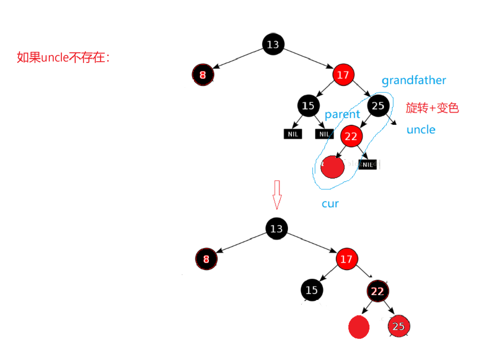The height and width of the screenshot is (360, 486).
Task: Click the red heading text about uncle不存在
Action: tap(63, 57)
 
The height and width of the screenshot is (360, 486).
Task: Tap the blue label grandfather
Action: tap(414, 80)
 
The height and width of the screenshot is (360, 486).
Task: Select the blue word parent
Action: tap(342, 114)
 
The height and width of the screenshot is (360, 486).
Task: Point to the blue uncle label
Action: tap(421, 130)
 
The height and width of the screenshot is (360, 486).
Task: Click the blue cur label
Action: tap(330, 204)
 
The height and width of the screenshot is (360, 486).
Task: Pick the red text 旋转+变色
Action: tap(432, 108)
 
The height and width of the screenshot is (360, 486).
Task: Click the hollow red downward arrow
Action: tap(277, 194)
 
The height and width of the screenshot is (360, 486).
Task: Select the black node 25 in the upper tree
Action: tap(378, 106)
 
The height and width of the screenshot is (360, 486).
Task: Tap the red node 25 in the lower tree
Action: tap(398, 326)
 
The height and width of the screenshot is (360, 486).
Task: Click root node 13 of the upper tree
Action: tap(273, 45)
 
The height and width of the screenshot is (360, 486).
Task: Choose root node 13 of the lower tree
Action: tap(276, 229)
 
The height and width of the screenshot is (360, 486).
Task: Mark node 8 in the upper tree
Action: tap(203, 75)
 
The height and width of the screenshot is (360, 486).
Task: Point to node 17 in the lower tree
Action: tap(346, 259)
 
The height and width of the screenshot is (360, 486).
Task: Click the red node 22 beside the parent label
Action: tap(351, 137)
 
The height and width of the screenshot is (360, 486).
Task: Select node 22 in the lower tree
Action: tap(377, 291)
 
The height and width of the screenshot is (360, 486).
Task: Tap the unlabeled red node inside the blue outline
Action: tap(332, 167)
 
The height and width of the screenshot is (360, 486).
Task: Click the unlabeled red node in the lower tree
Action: tap(359, 327)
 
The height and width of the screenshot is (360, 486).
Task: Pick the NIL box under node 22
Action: tap(368, 165)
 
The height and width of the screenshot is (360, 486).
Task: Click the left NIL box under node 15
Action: tap(293, 134)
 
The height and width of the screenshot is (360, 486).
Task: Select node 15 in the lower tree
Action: tap(312, 290)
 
